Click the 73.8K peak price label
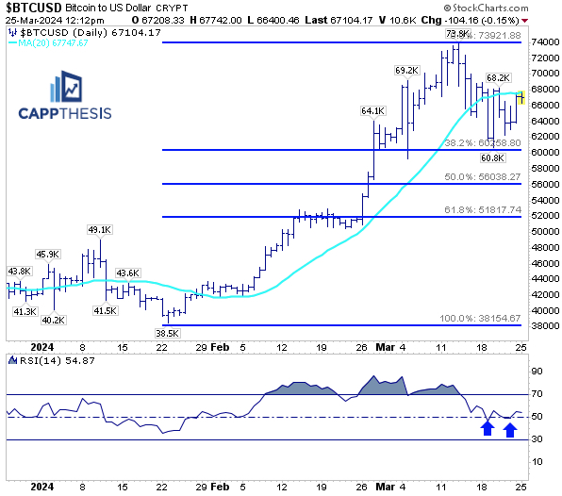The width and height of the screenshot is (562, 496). point(458,34)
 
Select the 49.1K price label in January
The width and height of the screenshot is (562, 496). point(100,229)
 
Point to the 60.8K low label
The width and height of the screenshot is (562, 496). point(492,158)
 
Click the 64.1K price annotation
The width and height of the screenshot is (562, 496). point(373,110)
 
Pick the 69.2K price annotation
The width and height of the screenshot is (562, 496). point(406,70)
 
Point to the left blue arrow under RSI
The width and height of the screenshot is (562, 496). point(487,429)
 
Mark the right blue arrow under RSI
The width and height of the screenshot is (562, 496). point(510,429)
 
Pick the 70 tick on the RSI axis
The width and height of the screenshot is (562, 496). point(539,393)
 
